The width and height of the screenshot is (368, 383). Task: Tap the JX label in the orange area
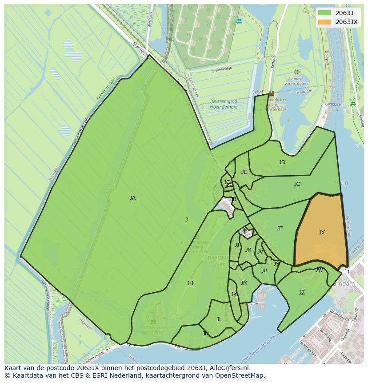[x=322, y=233]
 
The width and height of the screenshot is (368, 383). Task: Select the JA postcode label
[x=132, y=198]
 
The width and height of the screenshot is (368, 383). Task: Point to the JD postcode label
[x=282, y=162]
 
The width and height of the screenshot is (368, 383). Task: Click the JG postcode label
[x=297, y=184]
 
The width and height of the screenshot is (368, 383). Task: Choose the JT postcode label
[x=280, y=229]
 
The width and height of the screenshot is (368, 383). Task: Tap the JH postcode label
[x=190, y=283]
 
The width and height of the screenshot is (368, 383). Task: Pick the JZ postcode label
[x=302, y=293]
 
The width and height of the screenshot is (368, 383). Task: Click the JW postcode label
[x=319, y=270]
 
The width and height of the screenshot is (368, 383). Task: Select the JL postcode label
[x=219, y=319]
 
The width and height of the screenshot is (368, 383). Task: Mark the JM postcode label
[x=244, y=283]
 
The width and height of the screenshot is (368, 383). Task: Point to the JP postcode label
[x=264, y=271]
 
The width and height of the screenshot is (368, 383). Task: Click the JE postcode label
[x=244, y=172]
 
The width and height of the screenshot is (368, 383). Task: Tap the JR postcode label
[x=248, y=250]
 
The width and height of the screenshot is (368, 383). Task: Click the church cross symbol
[x=244, y=231]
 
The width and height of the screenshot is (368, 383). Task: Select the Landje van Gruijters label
[x=296, y=81]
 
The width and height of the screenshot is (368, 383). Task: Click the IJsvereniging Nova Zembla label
[x=224, y=104]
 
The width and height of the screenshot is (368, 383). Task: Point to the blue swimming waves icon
[x=240, y=21]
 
